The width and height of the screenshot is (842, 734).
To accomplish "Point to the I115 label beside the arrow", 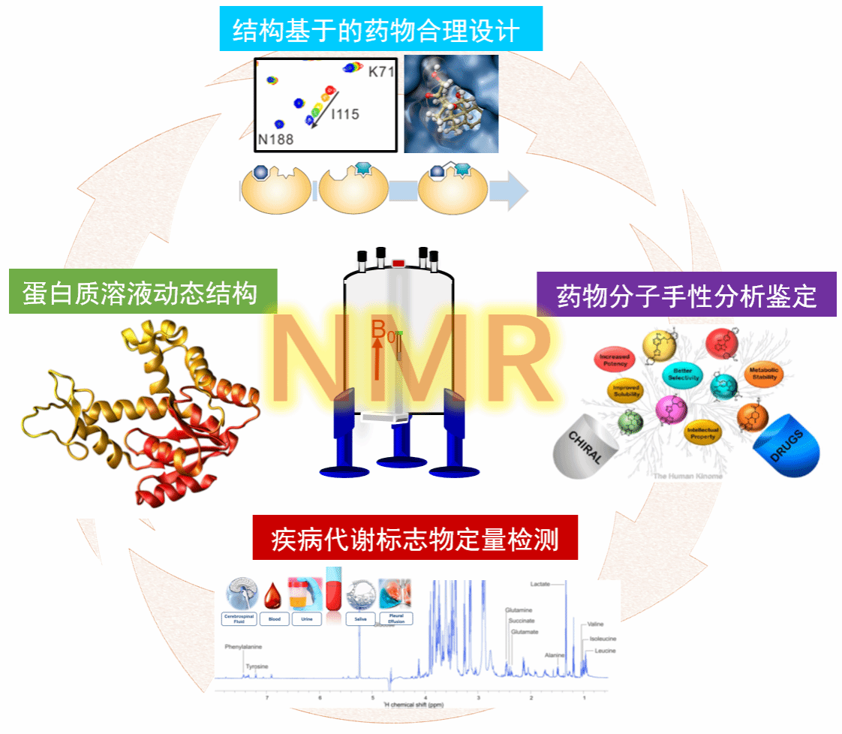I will pyautogui.click(x=344, y=115).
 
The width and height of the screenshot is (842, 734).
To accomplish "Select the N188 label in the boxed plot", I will pyautogui.click(x=275, y=139).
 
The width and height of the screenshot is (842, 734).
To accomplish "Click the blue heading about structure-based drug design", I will pyautogui.click(x=380, y=31).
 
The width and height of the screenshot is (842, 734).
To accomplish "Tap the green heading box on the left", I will pyautogui.click(x=143, y=292).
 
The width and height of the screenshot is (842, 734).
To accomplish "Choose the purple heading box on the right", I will pyautogui.click(x=686, y=295).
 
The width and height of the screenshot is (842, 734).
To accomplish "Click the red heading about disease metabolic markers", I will pyautogui.click(x=414, y=538).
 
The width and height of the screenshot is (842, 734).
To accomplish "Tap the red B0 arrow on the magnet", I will pyautogui.click(x=377, y=357).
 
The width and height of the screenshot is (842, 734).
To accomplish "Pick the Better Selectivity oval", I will pyautogui.click(x=682, y=375).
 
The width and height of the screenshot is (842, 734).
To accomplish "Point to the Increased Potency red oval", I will pyautogui.click(x=615, y=360).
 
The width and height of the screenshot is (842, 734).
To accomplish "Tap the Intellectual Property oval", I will pyautogui.click(x=702, y=433).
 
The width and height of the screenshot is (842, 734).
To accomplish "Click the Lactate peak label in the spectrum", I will pyautogui.click(x=541, y=583).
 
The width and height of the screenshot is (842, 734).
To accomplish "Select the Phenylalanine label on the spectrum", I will pyautogui.click(x=243, y=646).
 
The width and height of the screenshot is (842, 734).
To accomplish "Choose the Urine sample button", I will pyautogui.click(x=307, y=620).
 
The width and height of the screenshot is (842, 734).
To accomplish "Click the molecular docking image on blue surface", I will pyautogui.click(x=451, y=104).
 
